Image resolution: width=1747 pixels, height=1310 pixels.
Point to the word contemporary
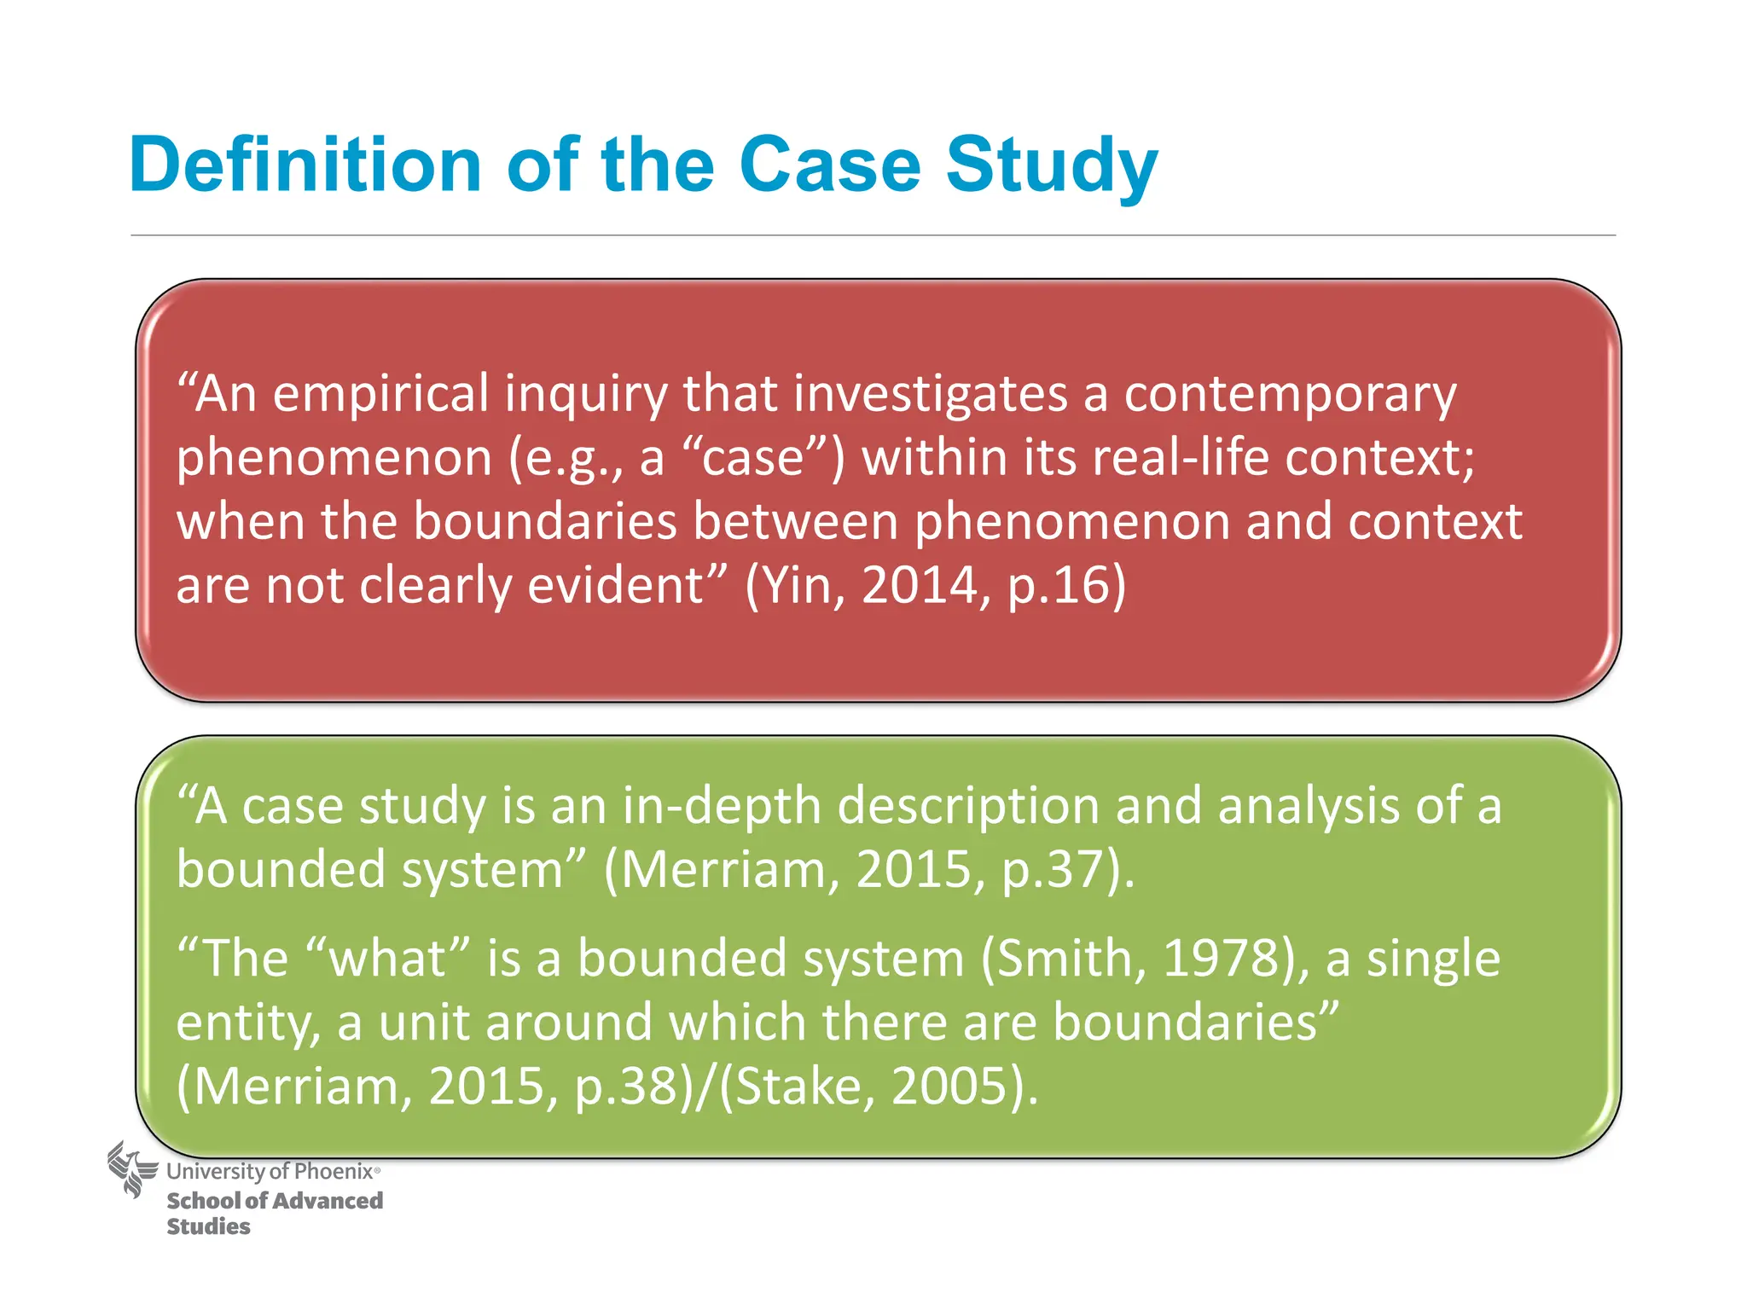click(1290, 396)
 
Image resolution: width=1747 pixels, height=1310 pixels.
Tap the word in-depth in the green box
click(722, 806)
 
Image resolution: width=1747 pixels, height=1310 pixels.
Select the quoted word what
click(387, 958)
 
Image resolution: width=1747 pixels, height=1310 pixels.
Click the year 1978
click(1222, 958)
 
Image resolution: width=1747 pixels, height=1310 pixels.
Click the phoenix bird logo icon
click(132, 1169)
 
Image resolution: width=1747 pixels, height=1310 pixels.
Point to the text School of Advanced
click(275, 1201)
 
